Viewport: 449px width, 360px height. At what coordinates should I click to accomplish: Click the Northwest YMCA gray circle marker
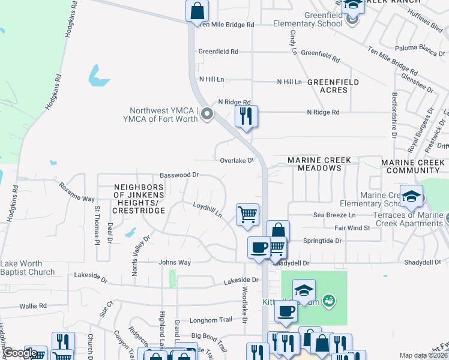[x=207, y=113]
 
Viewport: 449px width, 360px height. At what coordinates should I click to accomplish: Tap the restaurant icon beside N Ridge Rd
[x=246, y=116]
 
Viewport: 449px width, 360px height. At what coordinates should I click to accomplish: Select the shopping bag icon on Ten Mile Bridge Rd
[x=197, y=11]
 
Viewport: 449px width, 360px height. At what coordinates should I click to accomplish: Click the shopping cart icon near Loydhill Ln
[x=247, y=214]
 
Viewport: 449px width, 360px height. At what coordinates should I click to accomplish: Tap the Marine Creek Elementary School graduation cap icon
[x=411, y=196]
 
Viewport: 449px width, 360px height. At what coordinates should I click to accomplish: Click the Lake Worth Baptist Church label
[x=28, y=268]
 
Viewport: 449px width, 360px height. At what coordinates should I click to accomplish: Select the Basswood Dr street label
[x=179, y=175]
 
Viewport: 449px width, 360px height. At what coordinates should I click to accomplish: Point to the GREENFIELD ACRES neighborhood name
[x=333, y=86]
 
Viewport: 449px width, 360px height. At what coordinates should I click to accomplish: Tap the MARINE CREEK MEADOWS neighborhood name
[x=322, y=164]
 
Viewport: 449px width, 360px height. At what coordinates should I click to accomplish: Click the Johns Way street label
[x=174, y=262]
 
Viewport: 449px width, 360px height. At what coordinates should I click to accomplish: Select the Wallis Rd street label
[x=32, y=306]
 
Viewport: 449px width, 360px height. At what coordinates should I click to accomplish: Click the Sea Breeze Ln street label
[x=334, y=215]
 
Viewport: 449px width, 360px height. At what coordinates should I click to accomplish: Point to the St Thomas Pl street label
[x=97, y=225]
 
